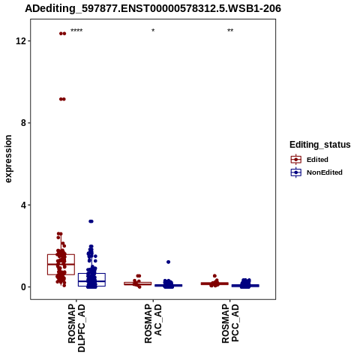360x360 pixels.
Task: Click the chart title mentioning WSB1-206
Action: pyautogui.click(x=153, y=8)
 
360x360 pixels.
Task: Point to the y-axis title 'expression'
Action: pyautogui.click(x=8, y=159)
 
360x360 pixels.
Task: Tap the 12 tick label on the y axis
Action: pyautogui.click(x=21, y=40)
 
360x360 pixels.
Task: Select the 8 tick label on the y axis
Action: pyautogui.click(x=24, y=123)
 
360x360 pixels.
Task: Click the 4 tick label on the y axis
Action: pyautogui.click(x=24, y=205)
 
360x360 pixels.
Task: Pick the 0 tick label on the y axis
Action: pyautogui.click(x=24, y=287)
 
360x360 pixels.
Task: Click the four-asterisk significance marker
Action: pyautogui.click(x=76, y=31)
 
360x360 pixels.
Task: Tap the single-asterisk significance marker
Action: pyautogui.click(x=153, y=31)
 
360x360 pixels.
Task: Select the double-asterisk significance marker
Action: pyautogui.click(x=230, y=31)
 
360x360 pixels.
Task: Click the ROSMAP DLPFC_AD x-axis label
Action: pyautogui.click(x=76, y=328)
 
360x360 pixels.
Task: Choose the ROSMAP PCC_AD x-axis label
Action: pyautogui.click(x=230, y=323)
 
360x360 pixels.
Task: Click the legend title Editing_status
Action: pyautogui.click(x=320, y=145)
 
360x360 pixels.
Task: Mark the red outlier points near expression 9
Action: pyautogui.click(x=62, y=99)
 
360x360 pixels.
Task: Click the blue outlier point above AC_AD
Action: pyautogui.click(x=169, y=262)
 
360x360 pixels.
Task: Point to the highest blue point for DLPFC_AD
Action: pyautogui.click(x=91, y=221)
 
